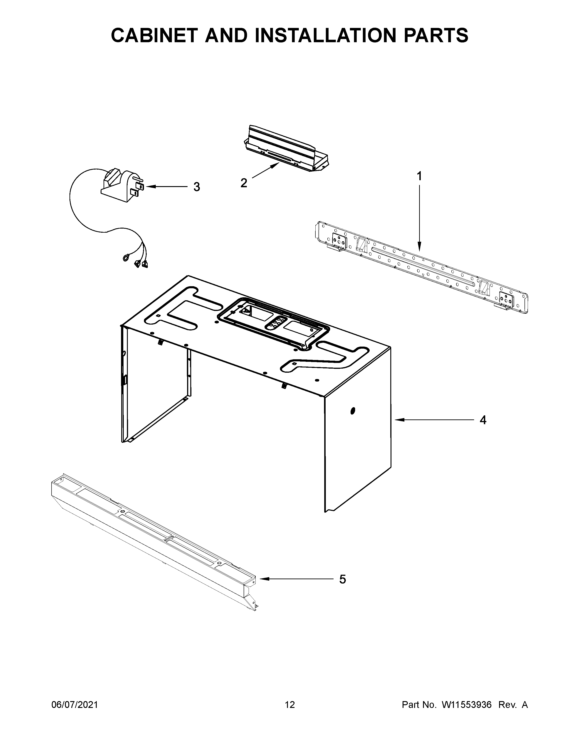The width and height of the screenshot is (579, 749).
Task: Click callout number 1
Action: [x=419, y=176]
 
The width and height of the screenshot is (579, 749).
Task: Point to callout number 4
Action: [x=483, y=420]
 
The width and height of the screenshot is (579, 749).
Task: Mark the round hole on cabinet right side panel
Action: [x=353, y=411]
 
